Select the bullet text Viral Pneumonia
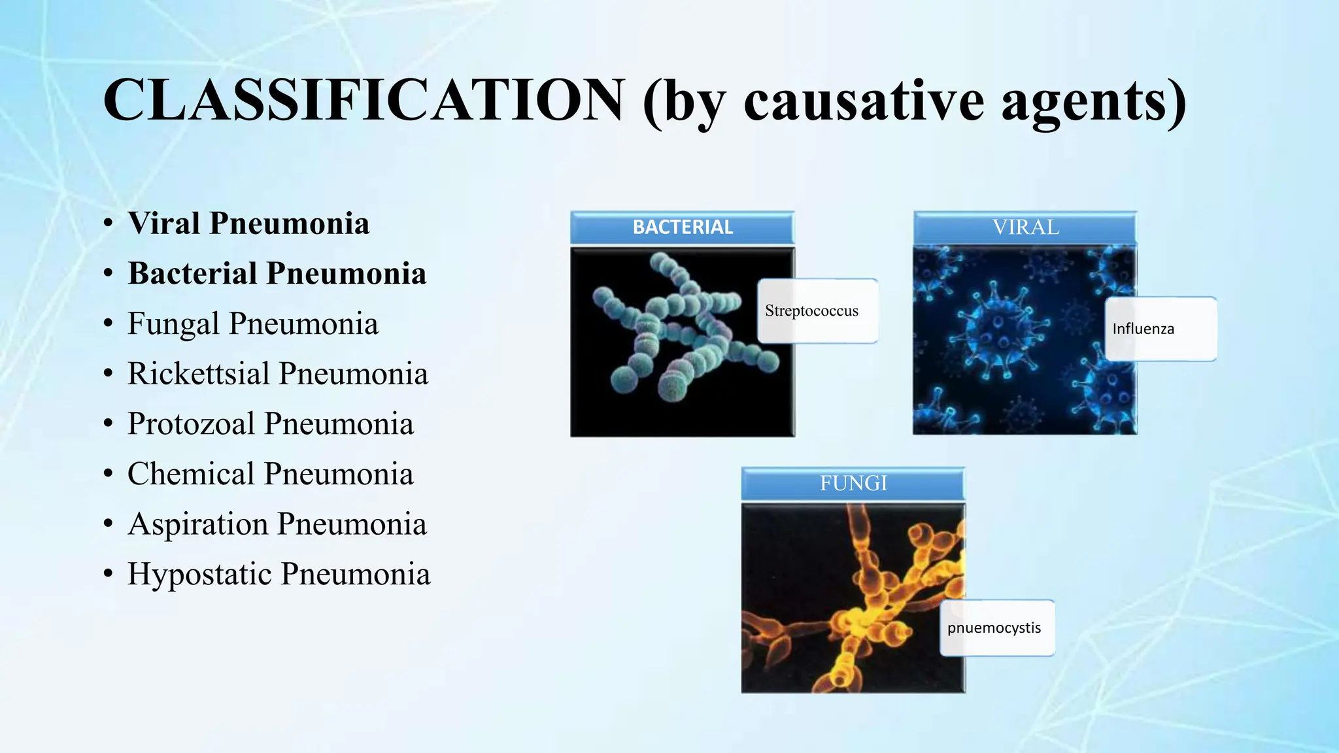point(248,224)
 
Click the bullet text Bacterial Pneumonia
point(277,273)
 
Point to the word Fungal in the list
point(173,324)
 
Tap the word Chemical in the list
point(190,474)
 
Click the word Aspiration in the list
point(197,524)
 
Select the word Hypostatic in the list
point(199,574)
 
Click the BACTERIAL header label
point(683,227)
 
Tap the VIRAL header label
point(1025,227)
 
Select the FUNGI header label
point(853,483)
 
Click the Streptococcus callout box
point(817,311)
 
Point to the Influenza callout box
point(1161,329)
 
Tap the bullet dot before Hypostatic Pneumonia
point(109,575)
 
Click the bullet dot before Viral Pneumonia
point(109,224)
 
